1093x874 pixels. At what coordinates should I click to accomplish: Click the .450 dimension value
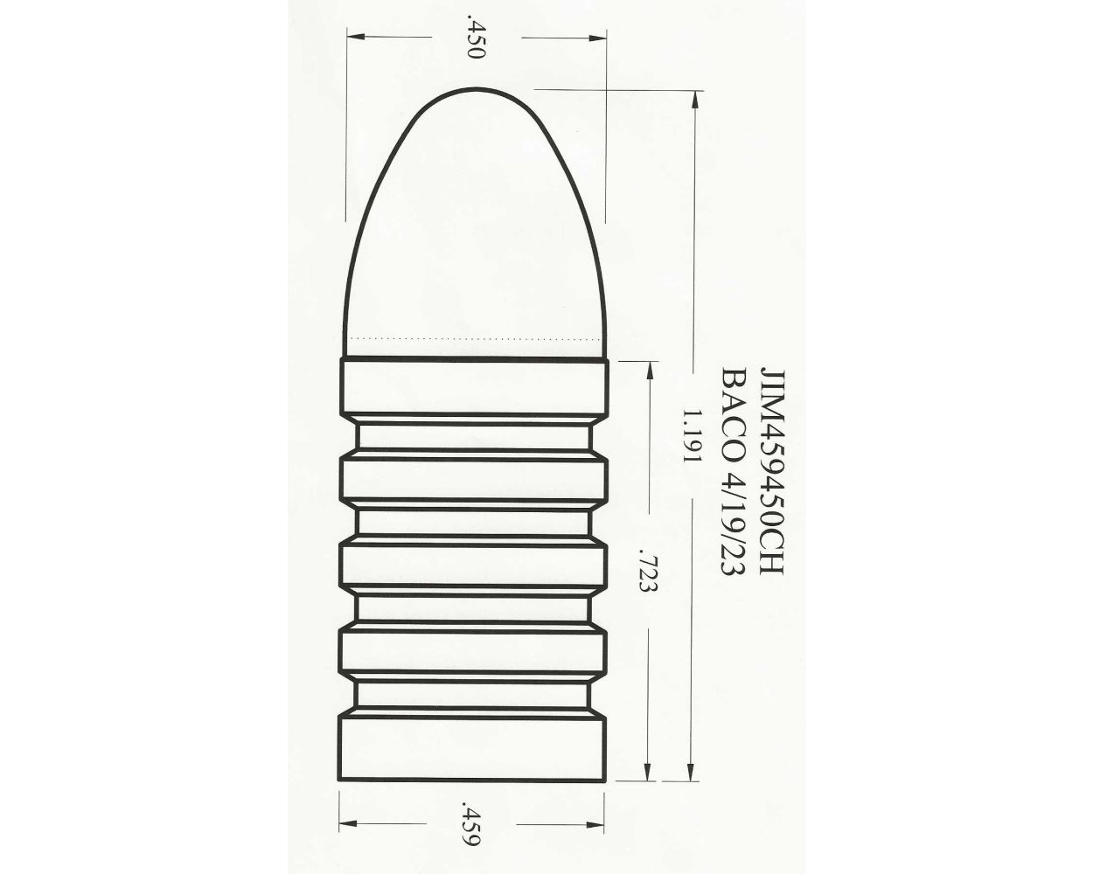(476, 37)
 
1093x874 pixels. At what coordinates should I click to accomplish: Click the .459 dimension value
(473, 823)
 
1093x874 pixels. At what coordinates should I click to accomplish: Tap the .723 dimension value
(648, 572)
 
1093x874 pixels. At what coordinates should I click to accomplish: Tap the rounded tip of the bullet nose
(475, 91)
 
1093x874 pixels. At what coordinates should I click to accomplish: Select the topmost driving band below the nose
(473, 386)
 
